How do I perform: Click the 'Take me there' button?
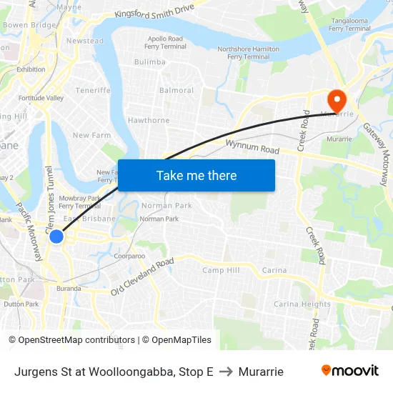(196, 175)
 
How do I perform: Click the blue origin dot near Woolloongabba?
(56, 237)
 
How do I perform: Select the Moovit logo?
(349, 371)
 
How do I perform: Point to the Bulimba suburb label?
(149, 62)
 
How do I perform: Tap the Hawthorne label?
(149, 121)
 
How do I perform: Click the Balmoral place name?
(176, 91)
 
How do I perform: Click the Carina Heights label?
(302, 304)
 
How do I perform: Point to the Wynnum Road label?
(252, 148)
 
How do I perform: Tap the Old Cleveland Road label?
(142, 277)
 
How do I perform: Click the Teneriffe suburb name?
(94, 91)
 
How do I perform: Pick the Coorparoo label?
(129, 255)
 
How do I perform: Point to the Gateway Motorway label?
(376, 151)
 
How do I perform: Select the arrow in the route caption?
(226, 372)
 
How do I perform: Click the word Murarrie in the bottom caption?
(261, 372)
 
